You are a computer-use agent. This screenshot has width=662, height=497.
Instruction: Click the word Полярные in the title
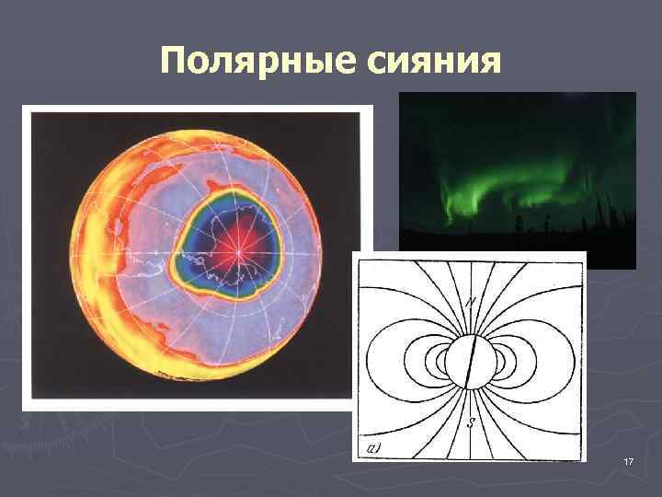(245, 62)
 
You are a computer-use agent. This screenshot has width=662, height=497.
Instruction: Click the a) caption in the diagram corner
(374, 449)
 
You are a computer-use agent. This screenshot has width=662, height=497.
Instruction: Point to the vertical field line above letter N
(471, 276)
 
